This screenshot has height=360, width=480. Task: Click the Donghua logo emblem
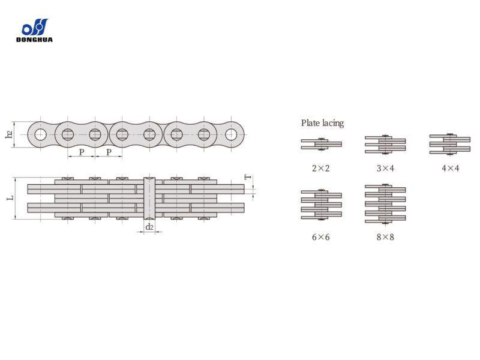click(35, 27)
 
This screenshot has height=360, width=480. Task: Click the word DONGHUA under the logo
click(34, 40)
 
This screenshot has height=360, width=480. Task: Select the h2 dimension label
click(9, 134)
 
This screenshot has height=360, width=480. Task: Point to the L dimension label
click(10, 198)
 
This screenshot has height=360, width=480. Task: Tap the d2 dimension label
click(149, 227)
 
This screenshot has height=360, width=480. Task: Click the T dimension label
click(248, 176)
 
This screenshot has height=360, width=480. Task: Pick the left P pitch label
click(82, 152)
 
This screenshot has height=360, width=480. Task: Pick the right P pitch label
click(109, 152)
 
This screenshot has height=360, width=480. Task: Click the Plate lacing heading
click(322, 123)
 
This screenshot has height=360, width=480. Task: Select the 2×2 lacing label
click(321, 168)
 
